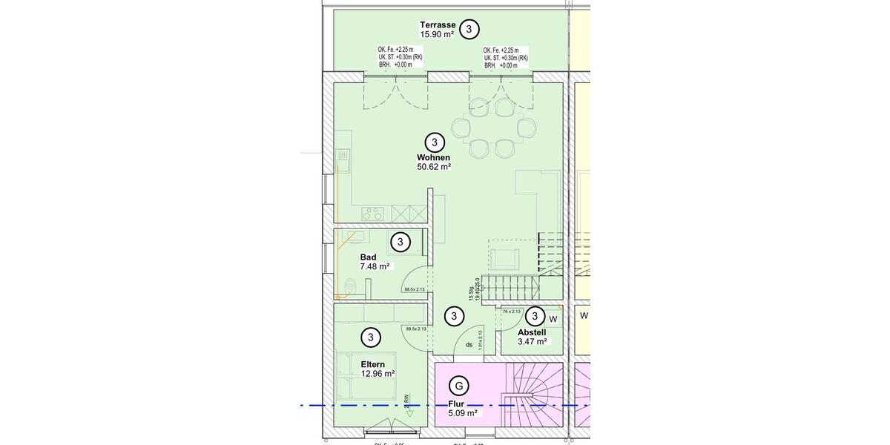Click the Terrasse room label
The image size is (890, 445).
(438, 24)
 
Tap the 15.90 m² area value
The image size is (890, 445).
(437, 35)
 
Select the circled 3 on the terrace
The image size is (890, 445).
(469, 29)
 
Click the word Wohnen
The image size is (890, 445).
(434, 157)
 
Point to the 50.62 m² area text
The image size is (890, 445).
(434, 167)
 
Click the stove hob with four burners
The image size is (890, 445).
(372, 214)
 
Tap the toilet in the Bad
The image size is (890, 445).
(350, 283)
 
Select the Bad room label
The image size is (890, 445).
(368, 257)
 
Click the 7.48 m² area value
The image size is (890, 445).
(375, 267)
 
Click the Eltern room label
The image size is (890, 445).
(372, 364)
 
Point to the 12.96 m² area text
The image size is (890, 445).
(378, 374)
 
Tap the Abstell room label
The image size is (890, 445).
(532, 332)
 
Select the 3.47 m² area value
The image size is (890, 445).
(532, 342)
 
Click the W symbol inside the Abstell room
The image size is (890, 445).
(553, 320)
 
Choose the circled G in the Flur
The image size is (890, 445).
(459, 386)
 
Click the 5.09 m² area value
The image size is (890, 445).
(462, 413)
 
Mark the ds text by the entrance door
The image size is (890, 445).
(469, 345)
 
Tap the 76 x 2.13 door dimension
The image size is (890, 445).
(512, 311)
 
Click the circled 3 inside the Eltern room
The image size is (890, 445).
(370, 337)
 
